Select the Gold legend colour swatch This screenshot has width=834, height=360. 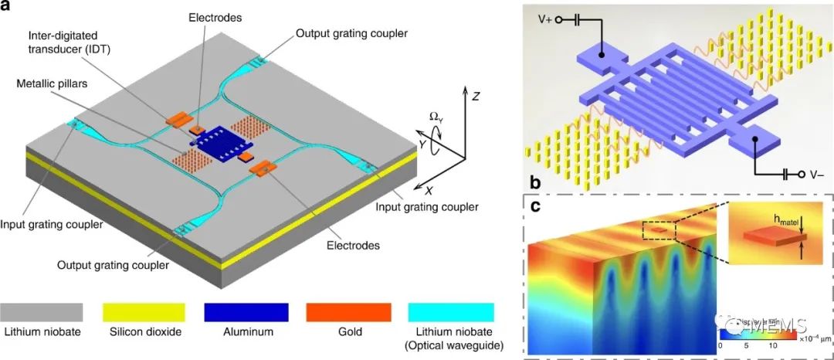point(352,311)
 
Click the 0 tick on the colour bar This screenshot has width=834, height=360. point(720,347)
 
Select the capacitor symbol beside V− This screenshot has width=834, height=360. point(786,175)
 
